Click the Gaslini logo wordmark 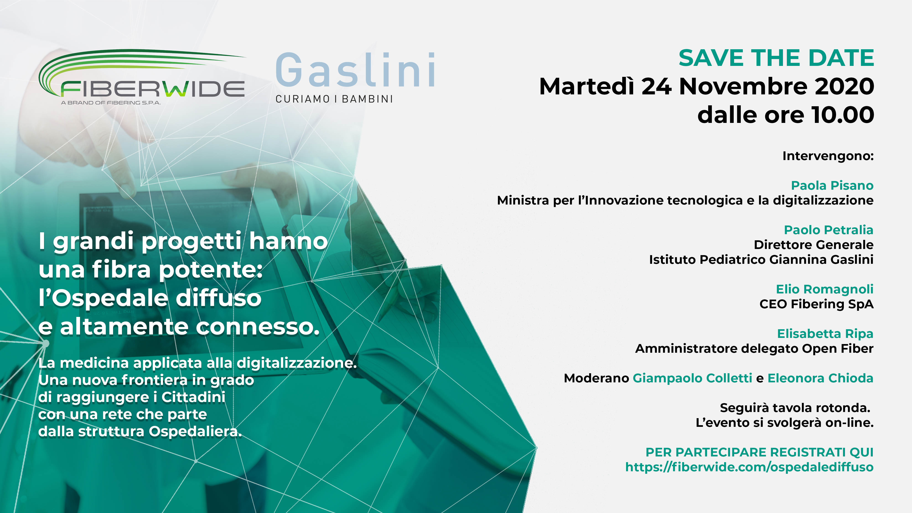pyautogui.click(x=355, y=70)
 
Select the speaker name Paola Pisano pyautogui.click(x=832, y=186)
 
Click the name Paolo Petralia pyautogui.click(x=829, y=230)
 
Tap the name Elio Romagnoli pyautogui.click(x=824, y=289)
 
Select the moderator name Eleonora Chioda pyautogui.click(x=820, y=378)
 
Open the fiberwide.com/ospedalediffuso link pyautogui.click(x=749, y=467)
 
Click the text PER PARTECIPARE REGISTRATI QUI pyautogui.click(x=759, y=452)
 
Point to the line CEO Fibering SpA pyautogui.click(x=816, y=304)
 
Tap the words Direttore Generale pyautogui.click(x=814, y=245)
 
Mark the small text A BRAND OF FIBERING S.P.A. pyautogui.click(x=111, y=103)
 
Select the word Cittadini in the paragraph pyautogui.click(x=193, y=397)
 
